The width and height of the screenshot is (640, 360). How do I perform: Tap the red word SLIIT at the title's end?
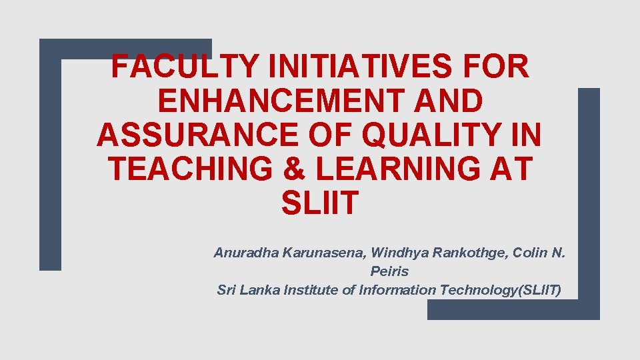coord(319,203)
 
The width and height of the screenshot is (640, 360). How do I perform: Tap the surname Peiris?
coord(389,272)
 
